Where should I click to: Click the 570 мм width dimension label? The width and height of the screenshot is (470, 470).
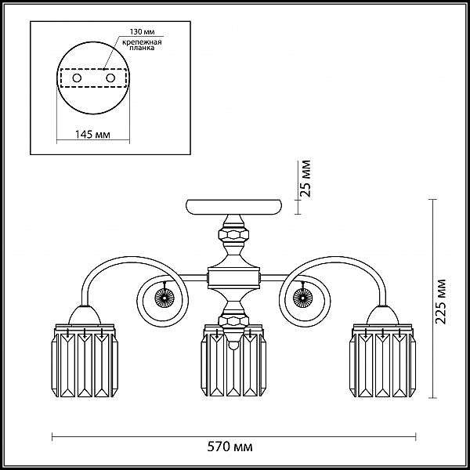click(230, 446)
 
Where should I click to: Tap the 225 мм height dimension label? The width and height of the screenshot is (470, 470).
click(440, 302)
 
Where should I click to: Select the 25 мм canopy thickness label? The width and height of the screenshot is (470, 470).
click(306, 179)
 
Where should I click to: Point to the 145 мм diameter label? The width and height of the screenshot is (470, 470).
click(92, 135)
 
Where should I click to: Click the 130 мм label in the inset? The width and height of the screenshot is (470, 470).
click(142, 32)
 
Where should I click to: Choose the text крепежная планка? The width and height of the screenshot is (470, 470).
click(142, 45)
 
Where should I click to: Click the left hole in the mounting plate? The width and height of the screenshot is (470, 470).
click(77, 78)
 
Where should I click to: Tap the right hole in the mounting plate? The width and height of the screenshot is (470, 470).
click(110, 78)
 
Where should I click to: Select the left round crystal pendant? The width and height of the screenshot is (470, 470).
click(164, 298)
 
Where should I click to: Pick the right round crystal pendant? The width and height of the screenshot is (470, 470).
click(302, 298)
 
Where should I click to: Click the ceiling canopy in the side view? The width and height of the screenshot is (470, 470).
click(233, 207)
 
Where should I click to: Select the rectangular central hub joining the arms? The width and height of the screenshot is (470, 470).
click(233, 277)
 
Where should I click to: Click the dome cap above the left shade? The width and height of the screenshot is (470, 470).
click(85, 315)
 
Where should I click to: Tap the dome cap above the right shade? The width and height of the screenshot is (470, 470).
click(383, 315)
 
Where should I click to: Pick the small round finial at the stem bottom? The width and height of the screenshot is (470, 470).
click(233, 346)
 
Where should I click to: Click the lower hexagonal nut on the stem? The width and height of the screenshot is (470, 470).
click(233, 321)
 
